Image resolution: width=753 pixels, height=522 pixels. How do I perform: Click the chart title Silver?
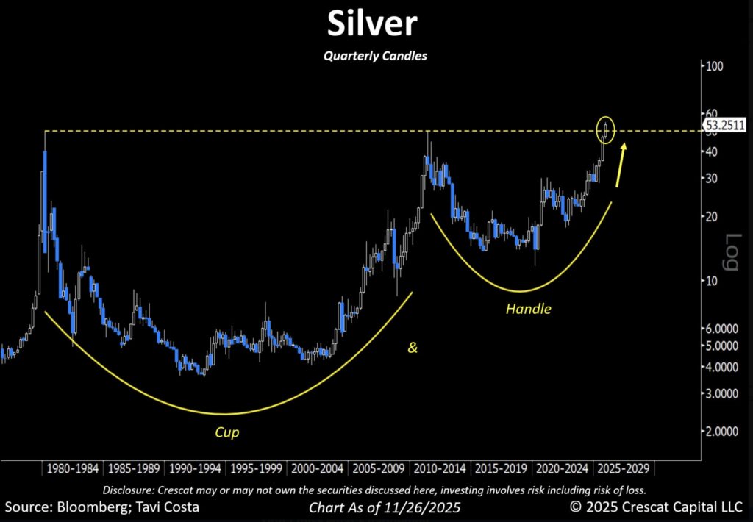point(373,24)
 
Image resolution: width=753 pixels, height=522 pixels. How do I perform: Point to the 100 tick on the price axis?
point(715,66)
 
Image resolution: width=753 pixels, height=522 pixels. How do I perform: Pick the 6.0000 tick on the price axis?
point(720,329)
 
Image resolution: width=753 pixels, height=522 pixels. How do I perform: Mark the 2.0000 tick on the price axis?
point(720,431)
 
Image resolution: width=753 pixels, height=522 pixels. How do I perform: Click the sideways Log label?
point(732,252)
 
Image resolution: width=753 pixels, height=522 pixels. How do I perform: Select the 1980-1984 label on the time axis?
point(71,468)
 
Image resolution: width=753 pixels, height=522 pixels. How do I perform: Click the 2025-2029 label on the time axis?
point(624,468)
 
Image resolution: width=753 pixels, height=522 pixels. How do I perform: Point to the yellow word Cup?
point(228,432)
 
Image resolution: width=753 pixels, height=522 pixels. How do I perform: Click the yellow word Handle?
point(528,309)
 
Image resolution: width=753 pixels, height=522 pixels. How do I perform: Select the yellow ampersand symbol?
point(413,347)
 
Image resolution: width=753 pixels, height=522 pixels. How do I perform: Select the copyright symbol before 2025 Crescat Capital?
point(577,507)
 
